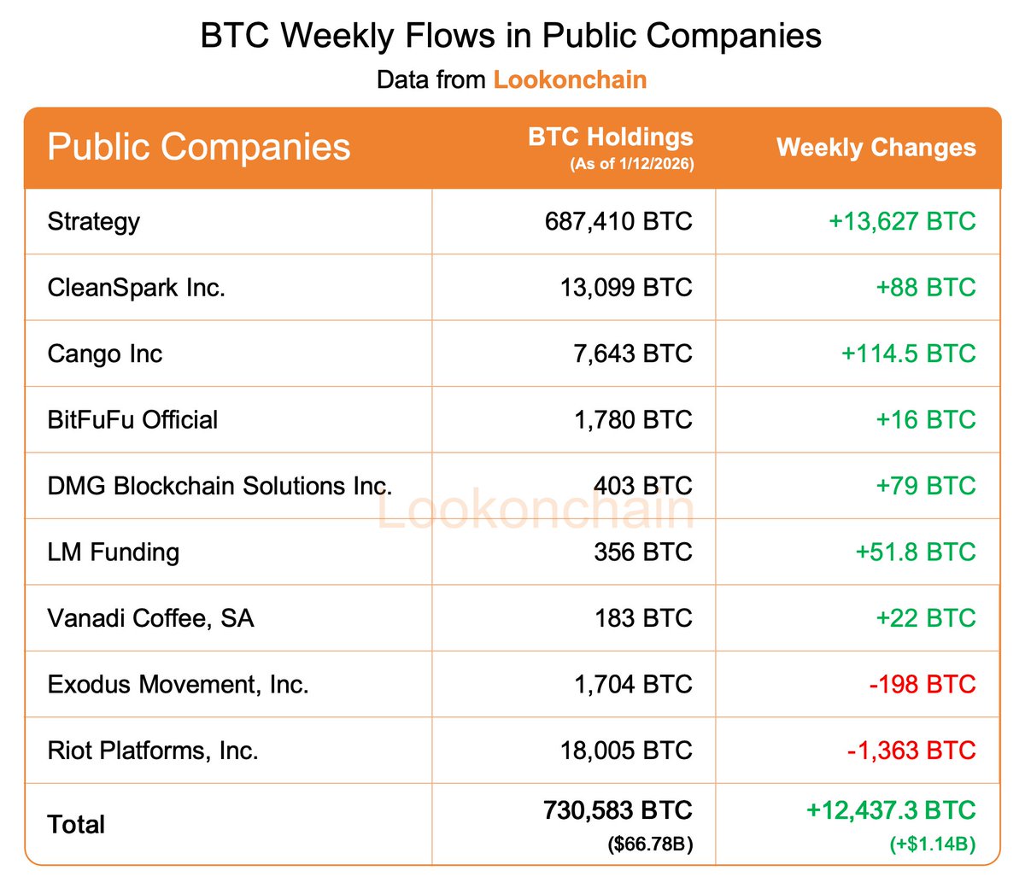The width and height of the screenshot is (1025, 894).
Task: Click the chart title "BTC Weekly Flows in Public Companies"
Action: tap(511, 37)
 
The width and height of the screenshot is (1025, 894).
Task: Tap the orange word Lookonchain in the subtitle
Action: tap(570, 80)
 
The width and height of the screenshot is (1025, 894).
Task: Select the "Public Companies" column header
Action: tap(198, 147)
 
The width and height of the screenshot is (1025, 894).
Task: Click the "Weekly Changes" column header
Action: tap(876, 148)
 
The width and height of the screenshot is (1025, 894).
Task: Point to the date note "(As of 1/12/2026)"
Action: tap(631, 164)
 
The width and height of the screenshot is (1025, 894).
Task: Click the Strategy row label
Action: tap(94, 222)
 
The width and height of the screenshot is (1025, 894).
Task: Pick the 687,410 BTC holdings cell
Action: tap(618, 222)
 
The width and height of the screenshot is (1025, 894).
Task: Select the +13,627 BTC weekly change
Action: tap(901, 222)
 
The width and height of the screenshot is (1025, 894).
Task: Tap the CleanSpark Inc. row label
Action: tap(137, 288)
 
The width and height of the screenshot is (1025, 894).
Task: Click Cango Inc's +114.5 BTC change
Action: tap(908, 354)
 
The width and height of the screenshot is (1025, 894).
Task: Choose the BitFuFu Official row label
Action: tap(132, 420)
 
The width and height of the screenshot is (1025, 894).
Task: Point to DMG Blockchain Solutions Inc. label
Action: tap(220, 486)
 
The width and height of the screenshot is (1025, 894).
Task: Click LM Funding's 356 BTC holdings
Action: tap(642, 552)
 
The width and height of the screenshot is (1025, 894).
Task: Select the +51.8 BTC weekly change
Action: tap(915, 552)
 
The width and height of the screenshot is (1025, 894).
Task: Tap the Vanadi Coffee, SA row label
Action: tap(150, 618)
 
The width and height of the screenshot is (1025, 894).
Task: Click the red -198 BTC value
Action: tap(922, 685)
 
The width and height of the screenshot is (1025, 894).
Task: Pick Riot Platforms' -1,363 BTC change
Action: tap(911, 751)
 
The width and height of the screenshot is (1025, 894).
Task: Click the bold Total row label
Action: tap(76, 825)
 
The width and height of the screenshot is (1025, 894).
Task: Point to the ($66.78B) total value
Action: tap(650, 845)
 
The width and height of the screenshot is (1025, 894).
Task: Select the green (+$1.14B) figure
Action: tap(932, 845)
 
